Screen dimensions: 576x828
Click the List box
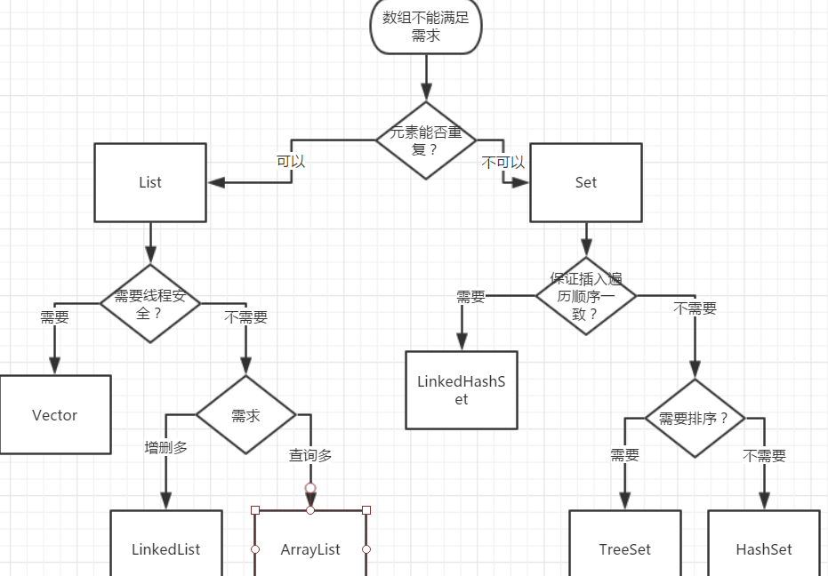pyautogui.click(x=149, y=183)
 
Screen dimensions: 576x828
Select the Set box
pyautogui.click(x=585, y=183)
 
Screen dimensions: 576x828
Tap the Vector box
pyautogui.click(x=55, y=415)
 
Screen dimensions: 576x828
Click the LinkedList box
pyautogui.click(x=165, y=544)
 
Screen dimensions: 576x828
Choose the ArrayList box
pyautogui.click(x=310, y=544)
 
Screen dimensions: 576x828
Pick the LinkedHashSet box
pyautogui.click(x=461, y=390)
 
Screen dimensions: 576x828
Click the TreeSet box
pyautogui.click(x=624, y=544)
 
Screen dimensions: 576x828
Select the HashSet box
pyautogui.click(x=763, y=544)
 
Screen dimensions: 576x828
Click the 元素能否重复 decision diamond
pyautogui.click(x=426, y=140)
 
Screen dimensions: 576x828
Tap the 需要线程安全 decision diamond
pyautogui.click(x=149, y=303)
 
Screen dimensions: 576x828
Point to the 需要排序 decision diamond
pyautogui.click(x=695, y=418)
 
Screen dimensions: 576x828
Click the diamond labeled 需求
pyautogui.click(x=245, y=414)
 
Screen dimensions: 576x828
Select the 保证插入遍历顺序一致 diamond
pyautogui.click(x=585, y=295)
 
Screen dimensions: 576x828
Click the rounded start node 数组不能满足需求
pyautogui.click(x=426, y=27)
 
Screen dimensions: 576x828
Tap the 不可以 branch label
pyautogui.click(x=502, y=163)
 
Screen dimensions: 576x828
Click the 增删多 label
pyautogui.click(x=166, y=447)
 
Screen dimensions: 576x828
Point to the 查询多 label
pyautogui.click(x=310, y=455)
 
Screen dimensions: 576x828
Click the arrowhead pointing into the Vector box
pyautogui.click(x=54, y=365)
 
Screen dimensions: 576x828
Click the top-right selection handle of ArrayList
pyautogui.click(x=366, y=510)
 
